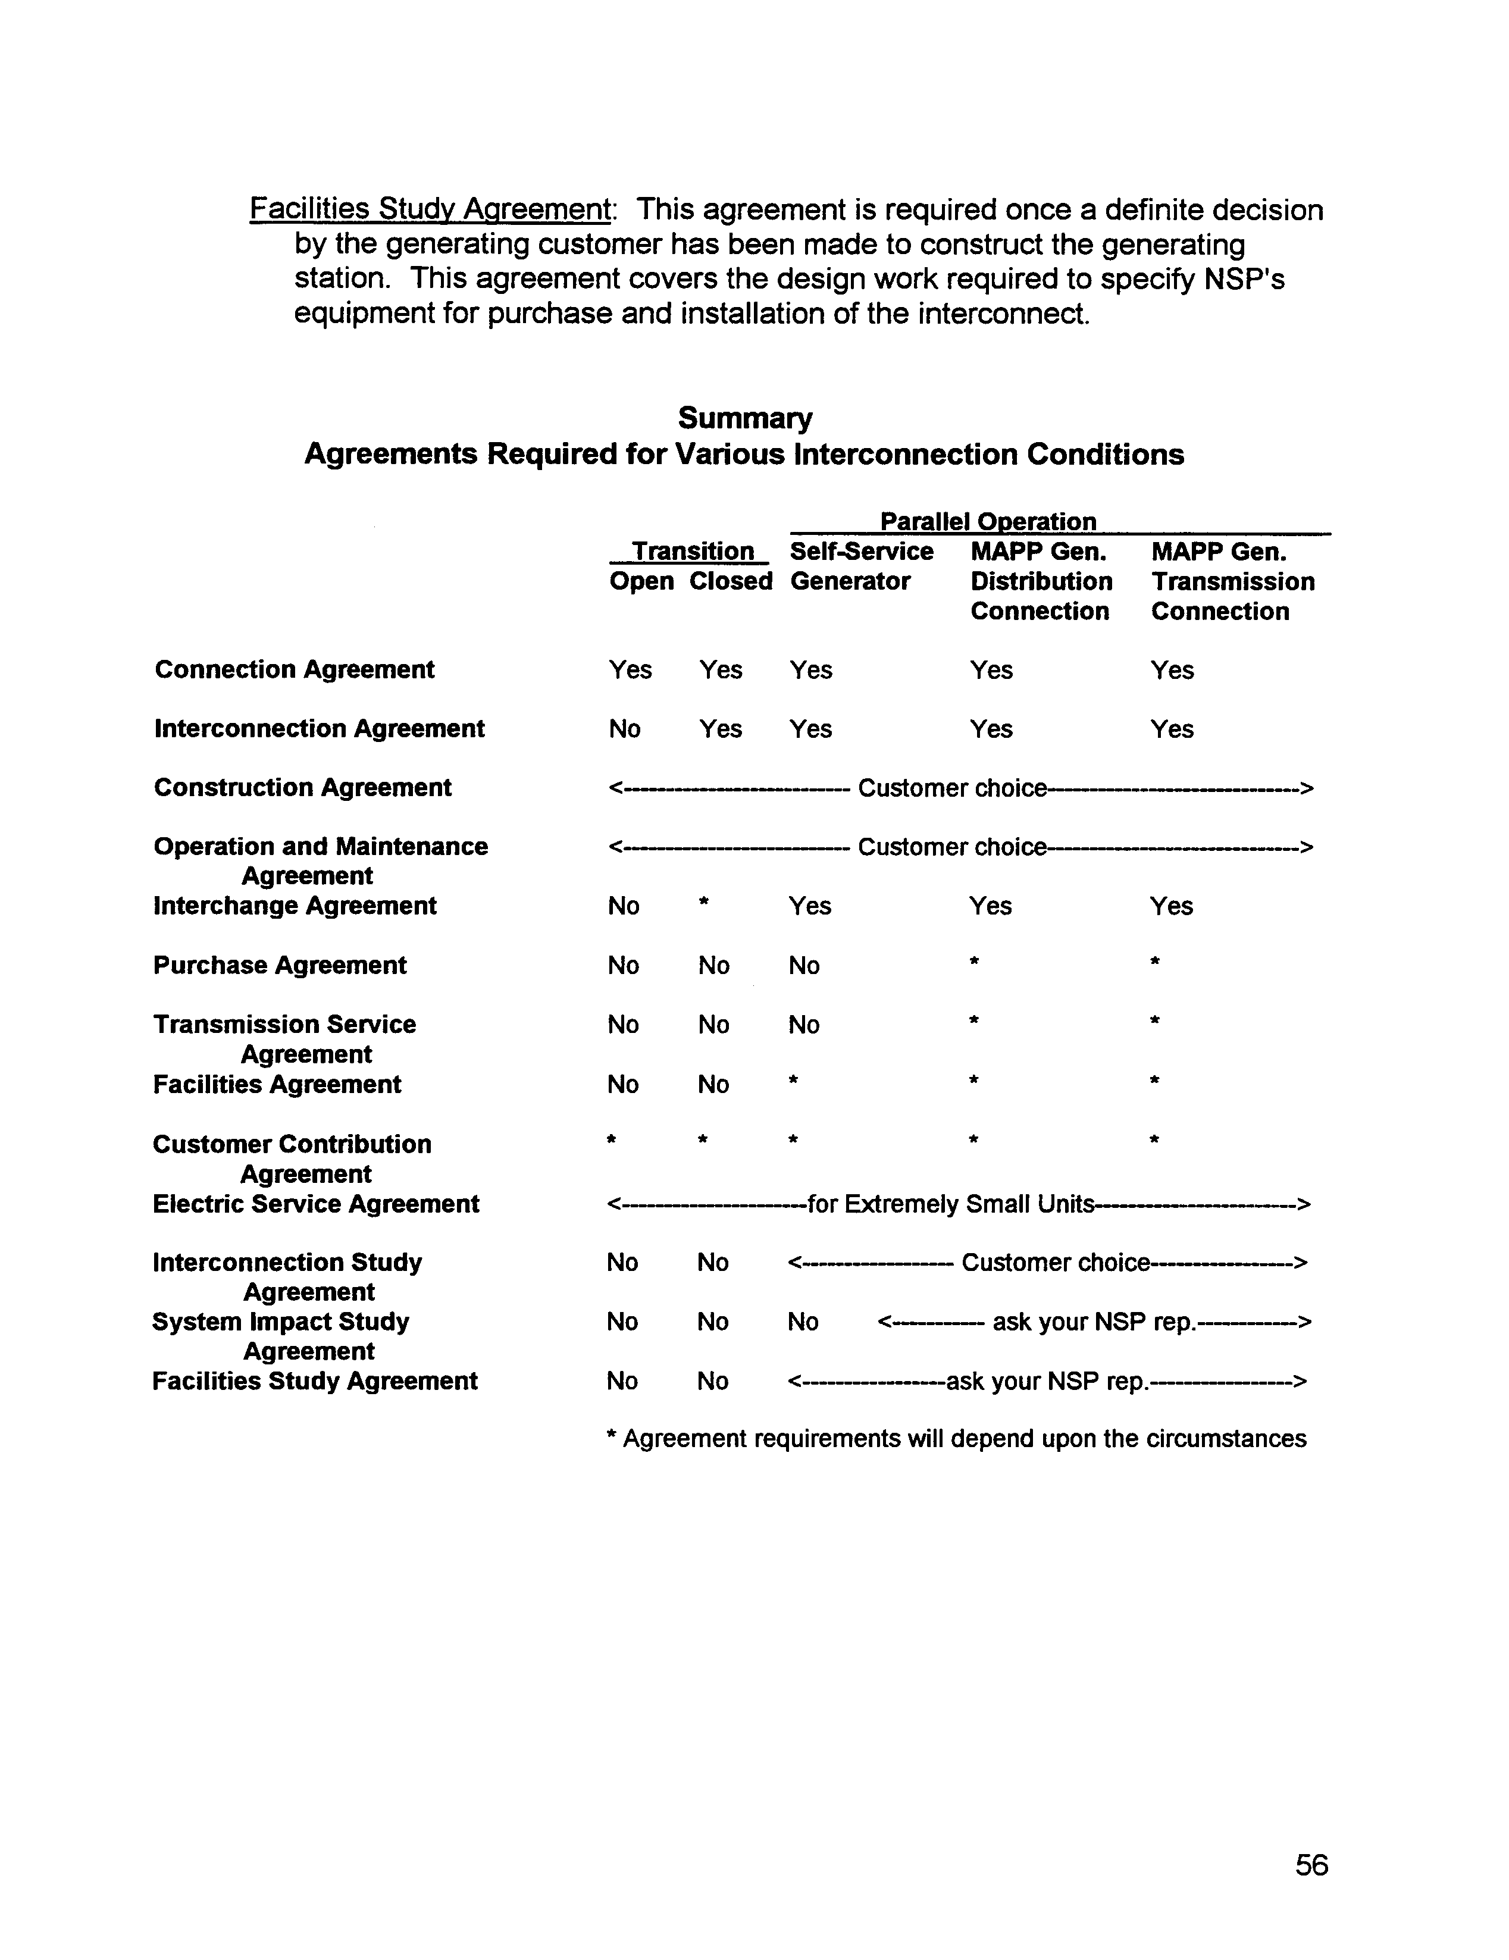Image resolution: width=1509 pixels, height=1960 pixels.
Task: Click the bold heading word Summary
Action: point(745,418)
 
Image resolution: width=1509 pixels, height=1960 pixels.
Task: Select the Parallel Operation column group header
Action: point(987,521)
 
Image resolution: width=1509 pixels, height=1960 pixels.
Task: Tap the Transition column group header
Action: point(692,551)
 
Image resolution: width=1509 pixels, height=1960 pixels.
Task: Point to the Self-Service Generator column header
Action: point(861,566)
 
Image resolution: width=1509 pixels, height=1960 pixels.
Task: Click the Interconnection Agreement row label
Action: point(319,729)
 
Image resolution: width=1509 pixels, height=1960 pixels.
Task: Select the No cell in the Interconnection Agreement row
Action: point(624,729)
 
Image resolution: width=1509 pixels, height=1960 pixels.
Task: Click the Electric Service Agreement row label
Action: point(316,1204)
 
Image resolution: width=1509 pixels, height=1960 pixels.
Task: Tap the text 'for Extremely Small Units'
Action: point(950,1204)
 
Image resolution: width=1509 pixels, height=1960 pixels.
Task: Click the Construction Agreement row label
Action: point(302,788)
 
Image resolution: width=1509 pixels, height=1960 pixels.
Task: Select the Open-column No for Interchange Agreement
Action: point(623,906)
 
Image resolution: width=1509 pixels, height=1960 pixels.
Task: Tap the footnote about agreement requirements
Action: point(956,1439)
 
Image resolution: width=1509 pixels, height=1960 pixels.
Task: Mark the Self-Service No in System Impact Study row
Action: point(803,1322)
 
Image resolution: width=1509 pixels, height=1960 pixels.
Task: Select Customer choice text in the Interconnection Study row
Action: point(1055,1263)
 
